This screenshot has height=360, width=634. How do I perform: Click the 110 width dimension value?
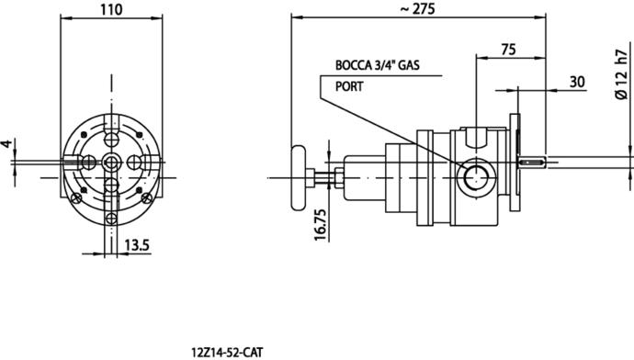pyautogui.click(x=111, y=9)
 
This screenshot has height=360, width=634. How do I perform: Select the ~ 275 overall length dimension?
pyautogui.click(x=417, y=9)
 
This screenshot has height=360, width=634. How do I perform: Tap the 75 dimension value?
pyautogui.click(x=509, y=50)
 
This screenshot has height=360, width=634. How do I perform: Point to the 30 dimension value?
pyautogui.click(x=577, y=82)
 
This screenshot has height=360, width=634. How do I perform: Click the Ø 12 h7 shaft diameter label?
pyautogui.click(x=620, y=71)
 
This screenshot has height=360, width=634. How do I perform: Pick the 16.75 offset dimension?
pyautogui.click(x=321, y=225)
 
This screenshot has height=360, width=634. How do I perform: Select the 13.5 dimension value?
pyautogui.click(x=137, y=245)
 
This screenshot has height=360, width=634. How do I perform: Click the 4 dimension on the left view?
pyautogui.click(x=6, y=143)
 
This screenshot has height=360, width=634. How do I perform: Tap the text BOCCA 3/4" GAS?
pyautogui.click(x=378, y=65)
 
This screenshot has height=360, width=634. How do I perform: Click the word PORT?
pyautogui.click(x=349, y=86)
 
